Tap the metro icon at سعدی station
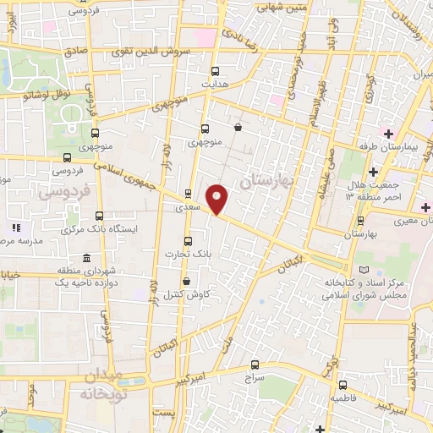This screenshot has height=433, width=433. click(188, 193)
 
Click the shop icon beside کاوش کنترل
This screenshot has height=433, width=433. click(186, 282)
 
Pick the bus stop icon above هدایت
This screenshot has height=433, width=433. click(215, 71)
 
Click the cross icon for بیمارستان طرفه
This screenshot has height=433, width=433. click(388, 134)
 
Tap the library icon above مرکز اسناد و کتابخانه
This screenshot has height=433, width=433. click(364, 268)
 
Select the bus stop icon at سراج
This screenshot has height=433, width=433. click(255, 365)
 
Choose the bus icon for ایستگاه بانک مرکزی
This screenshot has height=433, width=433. click(100, 216)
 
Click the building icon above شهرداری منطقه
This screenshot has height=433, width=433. click(85, 257)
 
